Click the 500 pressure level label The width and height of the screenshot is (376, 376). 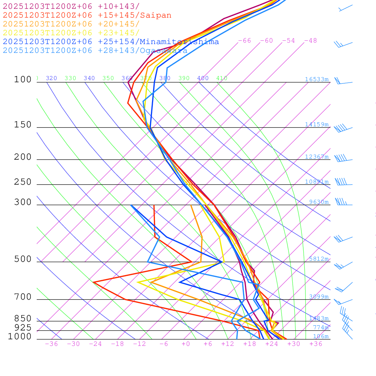[23, 259]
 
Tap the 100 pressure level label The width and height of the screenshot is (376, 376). [23, 80]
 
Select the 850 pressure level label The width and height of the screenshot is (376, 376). [23, 319]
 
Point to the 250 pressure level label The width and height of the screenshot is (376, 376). [23, 182]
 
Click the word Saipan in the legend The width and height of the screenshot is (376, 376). [156, 15]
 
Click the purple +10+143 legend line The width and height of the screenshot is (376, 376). [71, 7]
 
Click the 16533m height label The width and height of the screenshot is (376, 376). [317, 79]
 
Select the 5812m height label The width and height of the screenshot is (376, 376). [318, 259]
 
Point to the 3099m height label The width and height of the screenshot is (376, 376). [318, 297]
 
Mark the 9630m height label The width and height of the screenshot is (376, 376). [318, 202]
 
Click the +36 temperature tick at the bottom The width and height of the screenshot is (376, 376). [316, 344]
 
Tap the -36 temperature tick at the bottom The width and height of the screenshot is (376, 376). [51, 344]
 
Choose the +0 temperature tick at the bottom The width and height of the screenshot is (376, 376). [186, 344]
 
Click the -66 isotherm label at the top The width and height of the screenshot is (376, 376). [245, 41]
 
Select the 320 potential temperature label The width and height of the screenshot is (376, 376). [51, 78]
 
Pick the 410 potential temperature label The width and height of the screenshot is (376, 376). [222, 78]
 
